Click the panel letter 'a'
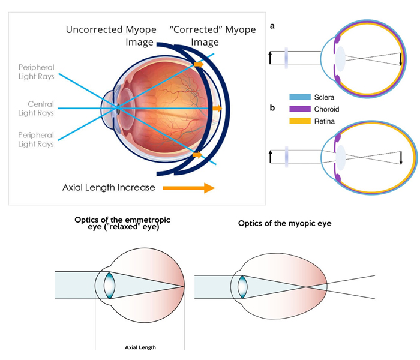point(274,26)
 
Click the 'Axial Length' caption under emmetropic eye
point(139,347)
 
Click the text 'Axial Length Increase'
point(109,188)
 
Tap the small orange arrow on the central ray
point(217,109)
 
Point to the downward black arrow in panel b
point(401,158)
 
